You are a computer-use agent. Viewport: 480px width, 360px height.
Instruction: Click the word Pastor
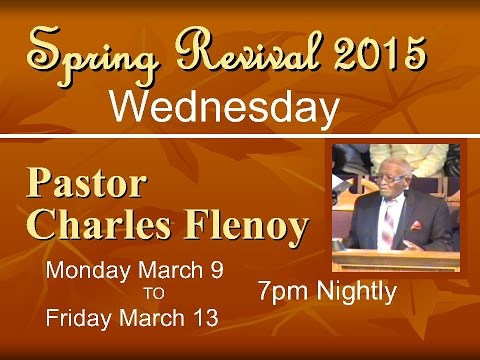pos(87,185)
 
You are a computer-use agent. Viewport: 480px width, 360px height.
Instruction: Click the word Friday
pos(79,319)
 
